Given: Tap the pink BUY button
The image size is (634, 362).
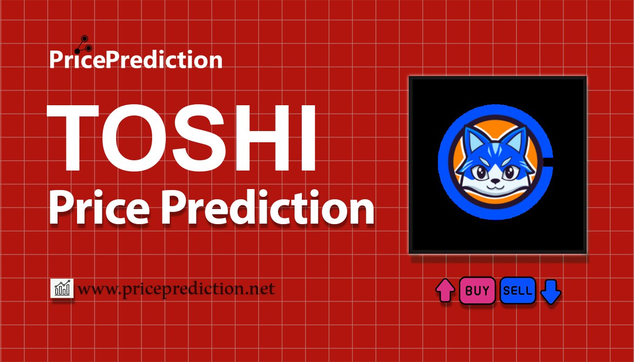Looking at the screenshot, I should (x=477, y=291).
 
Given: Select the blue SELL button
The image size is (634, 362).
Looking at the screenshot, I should (x=517, y=291).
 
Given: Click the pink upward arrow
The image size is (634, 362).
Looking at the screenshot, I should (x=445, y=291).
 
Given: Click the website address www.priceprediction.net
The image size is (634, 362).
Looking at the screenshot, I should (x=176, y=289).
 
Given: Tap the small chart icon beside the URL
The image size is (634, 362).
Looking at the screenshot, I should (x=62, y=288).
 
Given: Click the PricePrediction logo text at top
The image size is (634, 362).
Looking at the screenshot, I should (x=136, y=60).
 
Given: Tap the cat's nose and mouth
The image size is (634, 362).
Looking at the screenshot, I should (x=494, y=184).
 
